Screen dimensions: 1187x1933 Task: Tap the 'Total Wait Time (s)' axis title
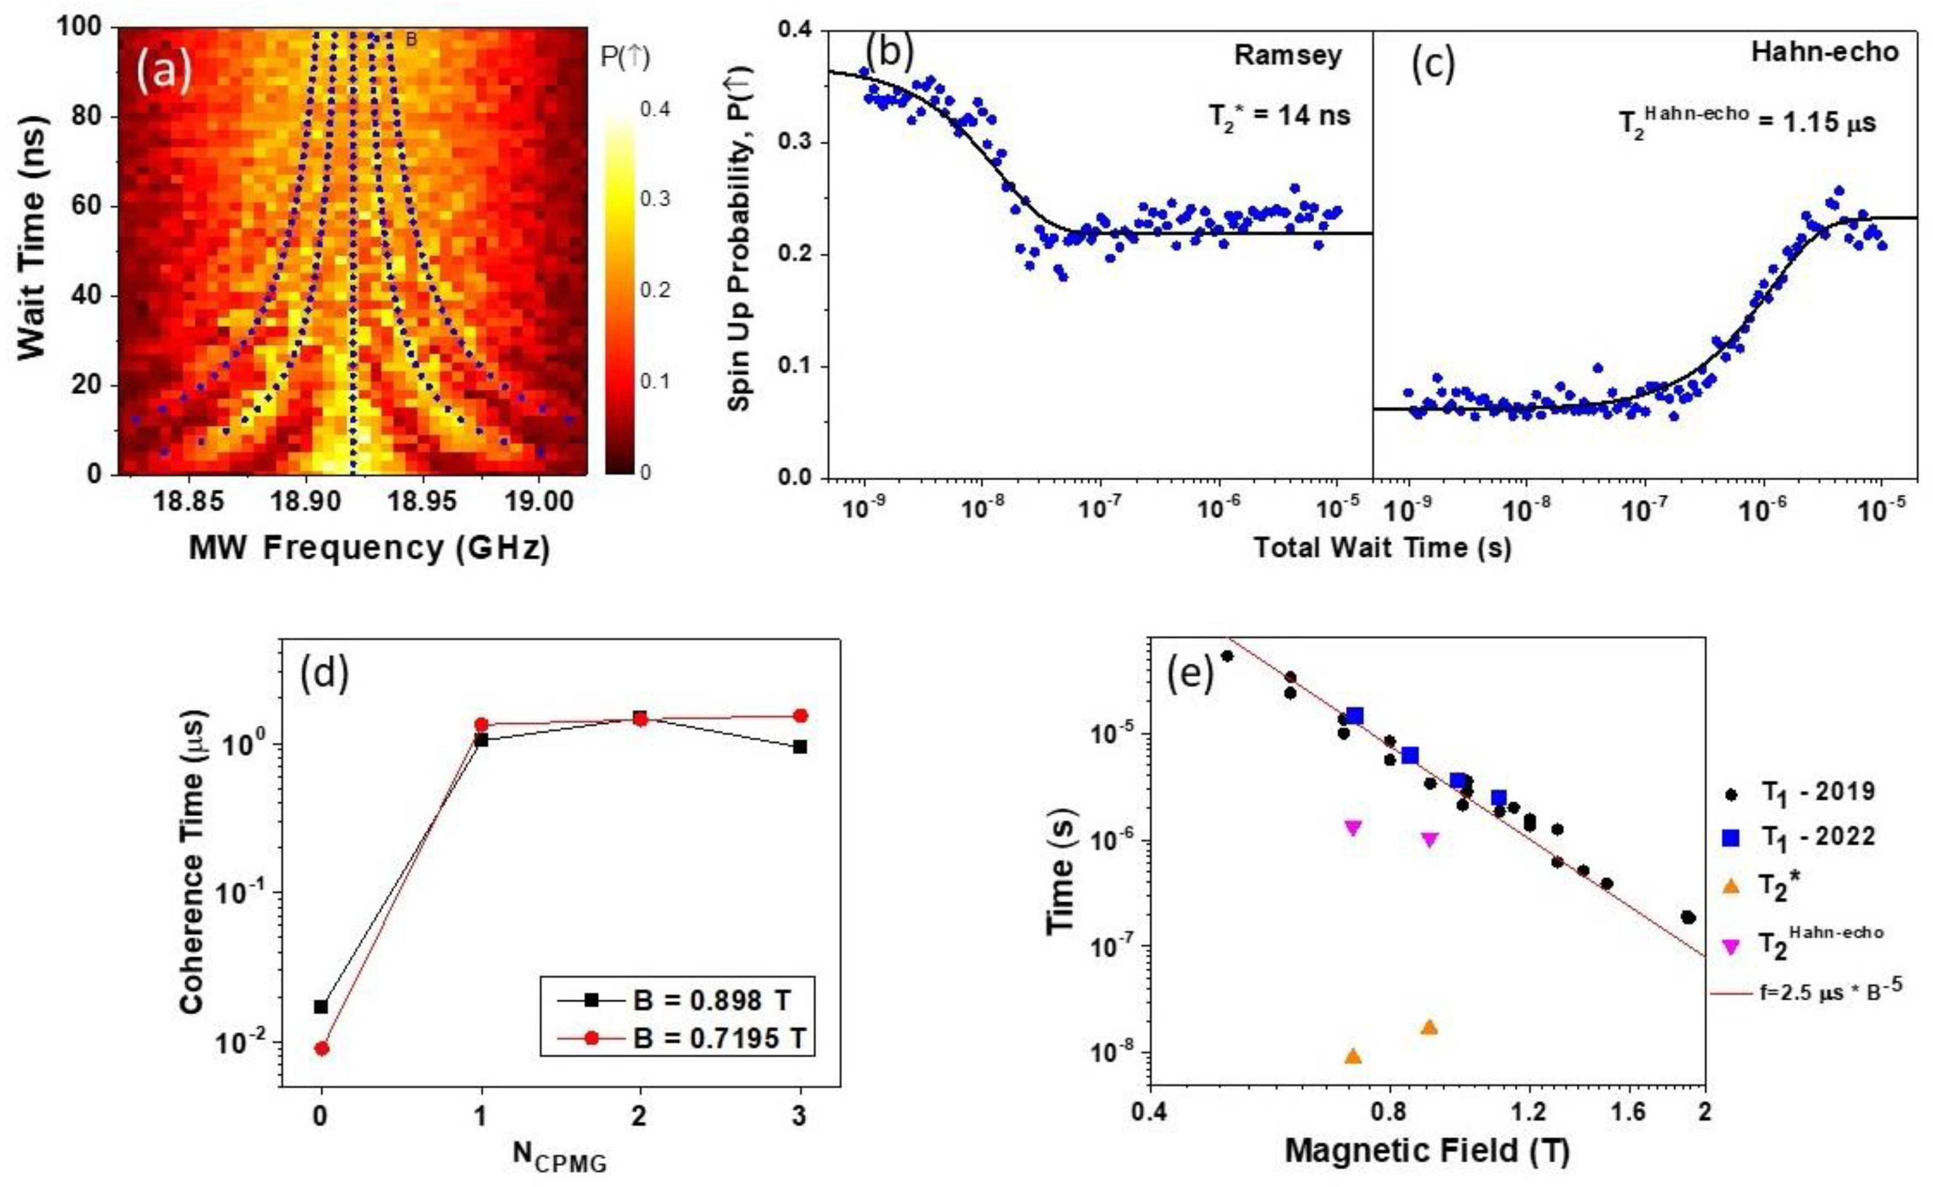click(1383, 548)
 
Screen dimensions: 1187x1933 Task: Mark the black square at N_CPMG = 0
click(321, 1007)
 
